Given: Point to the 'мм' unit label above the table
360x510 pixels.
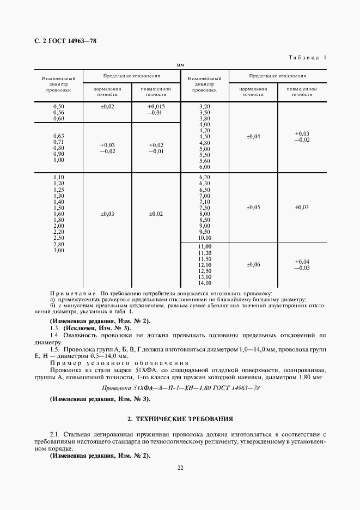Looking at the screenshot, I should [181, 65].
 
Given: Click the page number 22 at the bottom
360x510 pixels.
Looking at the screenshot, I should [180, 466].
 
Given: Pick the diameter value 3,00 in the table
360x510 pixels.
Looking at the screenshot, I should [59, 250].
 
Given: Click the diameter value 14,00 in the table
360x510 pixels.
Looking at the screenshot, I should [205, 283].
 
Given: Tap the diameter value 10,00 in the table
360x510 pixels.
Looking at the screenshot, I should [205, 238].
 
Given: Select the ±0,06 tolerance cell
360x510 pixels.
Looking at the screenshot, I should [254, 265].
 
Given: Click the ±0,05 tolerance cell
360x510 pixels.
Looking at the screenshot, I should [254, 208].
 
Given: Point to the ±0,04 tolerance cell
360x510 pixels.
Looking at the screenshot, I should [254, 136].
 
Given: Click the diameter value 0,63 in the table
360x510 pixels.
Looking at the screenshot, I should [59, 135].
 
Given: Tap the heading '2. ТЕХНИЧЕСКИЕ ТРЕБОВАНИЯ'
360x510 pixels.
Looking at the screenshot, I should [180, 419].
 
